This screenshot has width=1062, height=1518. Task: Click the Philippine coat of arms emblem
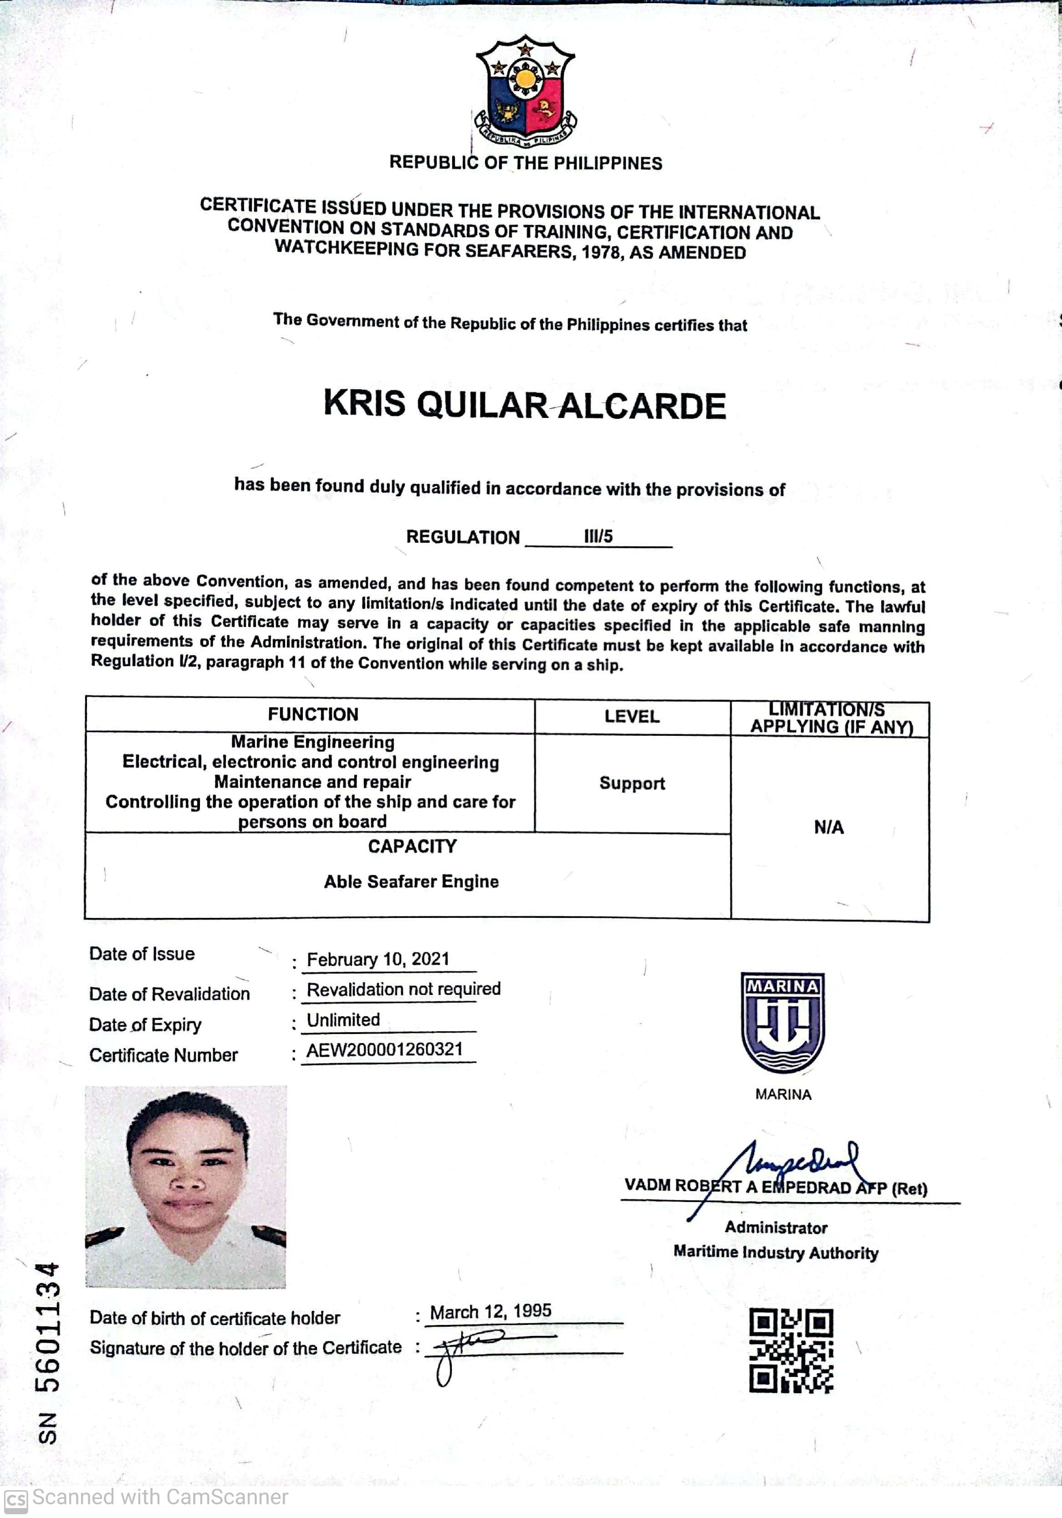(x=525, y=90)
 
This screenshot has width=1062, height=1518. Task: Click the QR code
(x=791, y=1351)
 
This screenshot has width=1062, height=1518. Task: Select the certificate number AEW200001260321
(x=384, y=1050)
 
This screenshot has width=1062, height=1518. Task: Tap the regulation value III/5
(x=598, y=536)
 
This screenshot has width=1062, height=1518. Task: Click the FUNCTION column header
(x=313, y=714)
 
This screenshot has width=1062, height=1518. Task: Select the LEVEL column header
(x=632, y=717)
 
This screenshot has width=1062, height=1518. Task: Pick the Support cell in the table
(x=632, y=784)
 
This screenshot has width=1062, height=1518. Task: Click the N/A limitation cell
(x=828, y=827)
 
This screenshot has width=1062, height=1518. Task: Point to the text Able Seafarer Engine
(x=411, y=881)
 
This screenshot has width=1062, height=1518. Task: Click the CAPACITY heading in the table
(x=412, y=846)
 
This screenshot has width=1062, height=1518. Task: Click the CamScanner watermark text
(x=158, y=1497)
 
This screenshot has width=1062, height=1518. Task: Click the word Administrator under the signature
(x=776, y=1228)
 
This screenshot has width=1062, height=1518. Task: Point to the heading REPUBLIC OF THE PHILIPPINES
(x=525, y=163)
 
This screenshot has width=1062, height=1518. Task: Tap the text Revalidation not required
(x=403, y=989)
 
